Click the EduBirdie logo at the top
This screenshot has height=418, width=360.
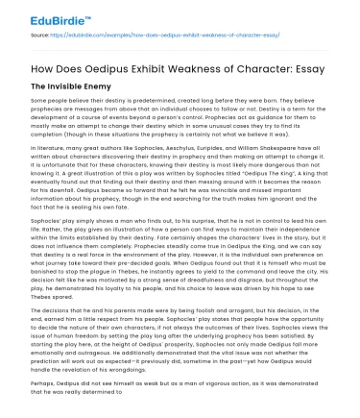point(47,13)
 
